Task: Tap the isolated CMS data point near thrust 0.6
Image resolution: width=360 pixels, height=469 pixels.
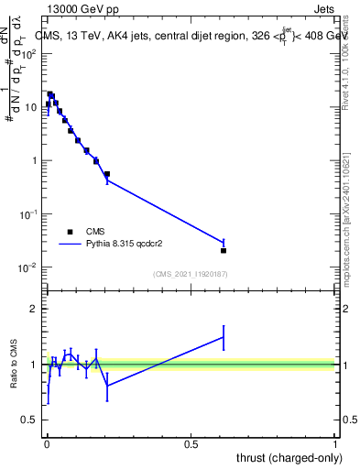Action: click(224, 250)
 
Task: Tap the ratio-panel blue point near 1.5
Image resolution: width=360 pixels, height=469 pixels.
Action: click(224, 337)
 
